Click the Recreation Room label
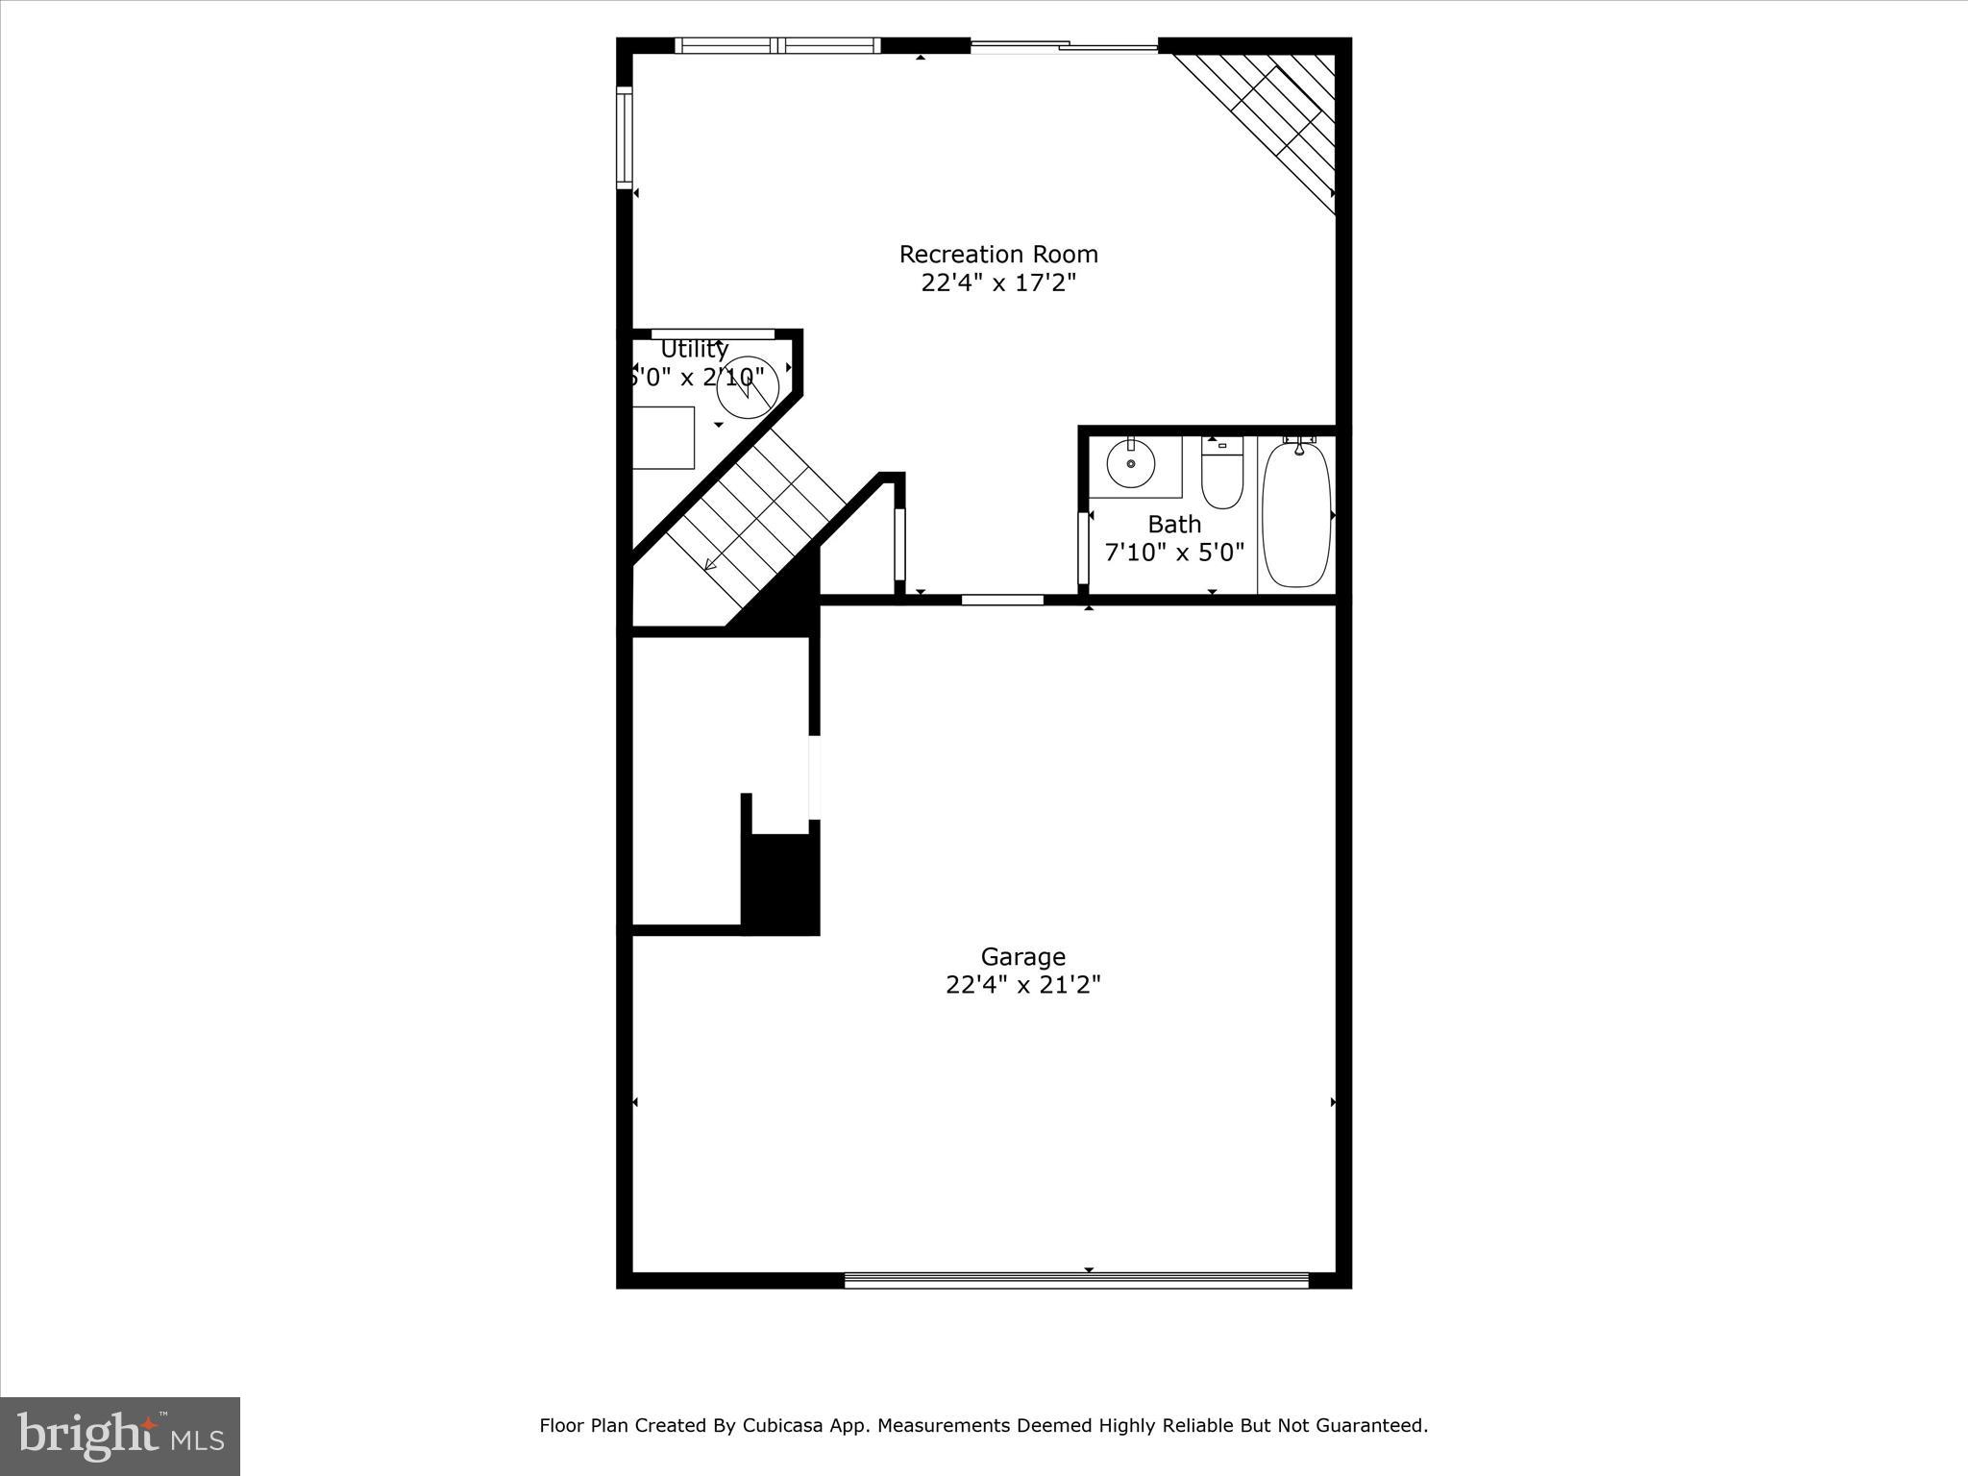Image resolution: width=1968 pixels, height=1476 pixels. pos(998,255)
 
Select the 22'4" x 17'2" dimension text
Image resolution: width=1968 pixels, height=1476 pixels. pos(998,283)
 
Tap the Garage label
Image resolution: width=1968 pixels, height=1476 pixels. pos(1022,957)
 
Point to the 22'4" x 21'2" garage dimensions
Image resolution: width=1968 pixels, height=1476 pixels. pos(1022,985)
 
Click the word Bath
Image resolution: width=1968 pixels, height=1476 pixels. pos(1174,525)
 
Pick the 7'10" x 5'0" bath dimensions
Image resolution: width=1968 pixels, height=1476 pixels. pos(1174,553)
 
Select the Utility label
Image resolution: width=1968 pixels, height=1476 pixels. pos(694,349)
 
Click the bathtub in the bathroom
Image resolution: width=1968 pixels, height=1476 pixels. pos(1296,514)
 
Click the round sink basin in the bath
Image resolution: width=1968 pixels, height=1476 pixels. pos(1131,465)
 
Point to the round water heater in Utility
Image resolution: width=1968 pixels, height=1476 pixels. pos(748,387)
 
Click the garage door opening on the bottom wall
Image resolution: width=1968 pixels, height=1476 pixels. pos(1076,1279)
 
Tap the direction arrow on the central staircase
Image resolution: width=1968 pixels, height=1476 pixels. pos(712,564)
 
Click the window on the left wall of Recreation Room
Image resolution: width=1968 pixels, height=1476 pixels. pos(624,136)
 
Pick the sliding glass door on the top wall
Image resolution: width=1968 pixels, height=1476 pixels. pos(1065,45)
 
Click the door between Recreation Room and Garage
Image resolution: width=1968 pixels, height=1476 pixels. pos(1002,600)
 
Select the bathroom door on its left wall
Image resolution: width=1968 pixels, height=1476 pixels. pos(1083,548)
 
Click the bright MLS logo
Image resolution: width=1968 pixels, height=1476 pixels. pos(120,1436)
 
